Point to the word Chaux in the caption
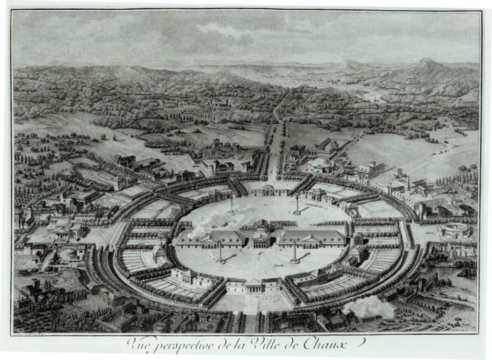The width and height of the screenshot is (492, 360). pyautogui.click(x=339, y=343)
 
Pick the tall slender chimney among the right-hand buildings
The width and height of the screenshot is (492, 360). pyautogui.click(x=409, y=181)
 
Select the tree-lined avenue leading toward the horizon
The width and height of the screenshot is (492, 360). pyautogui.click(x=276, y=139)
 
